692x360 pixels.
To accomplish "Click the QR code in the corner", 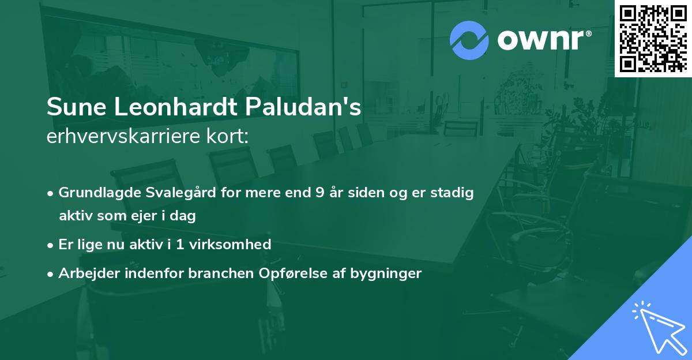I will [653, 38].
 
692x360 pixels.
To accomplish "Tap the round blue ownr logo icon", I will [469, 40].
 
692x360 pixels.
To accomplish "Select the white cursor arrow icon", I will [659, 327].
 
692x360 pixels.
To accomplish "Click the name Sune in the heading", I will [72, 108].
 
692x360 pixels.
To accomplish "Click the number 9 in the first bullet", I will [319, 193].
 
